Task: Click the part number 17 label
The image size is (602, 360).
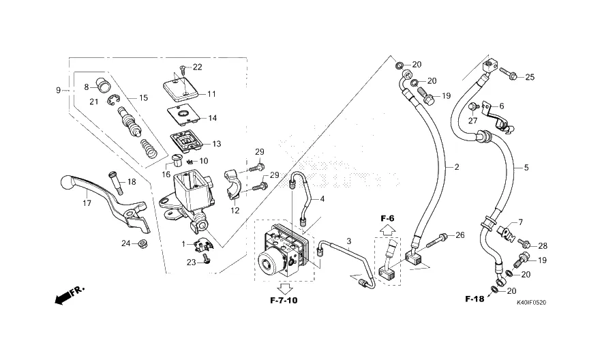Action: (87, 204)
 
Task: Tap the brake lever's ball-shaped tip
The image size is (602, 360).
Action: (65, 183)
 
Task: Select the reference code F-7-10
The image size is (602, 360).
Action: (283, 299)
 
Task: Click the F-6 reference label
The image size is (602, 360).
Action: (387, 218)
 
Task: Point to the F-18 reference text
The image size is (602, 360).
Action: (475, 299)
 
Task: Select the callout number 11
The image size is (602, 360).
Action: (211, 94)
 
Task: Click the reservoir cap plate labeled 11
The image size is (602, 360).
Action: (180, 89)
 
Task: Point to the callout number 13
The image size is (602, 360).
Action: (217, 144)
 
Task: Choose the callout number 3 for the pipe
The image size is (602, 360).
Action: (348, 241)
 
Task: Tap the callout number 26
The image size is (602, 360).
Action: (460, 235)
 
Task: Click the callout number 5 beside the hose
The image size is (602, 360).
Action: (526, 167)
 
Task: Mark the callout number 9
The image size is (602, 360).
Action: (59, 90)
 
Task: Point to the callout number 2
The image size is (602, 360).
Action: (457, 167)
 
